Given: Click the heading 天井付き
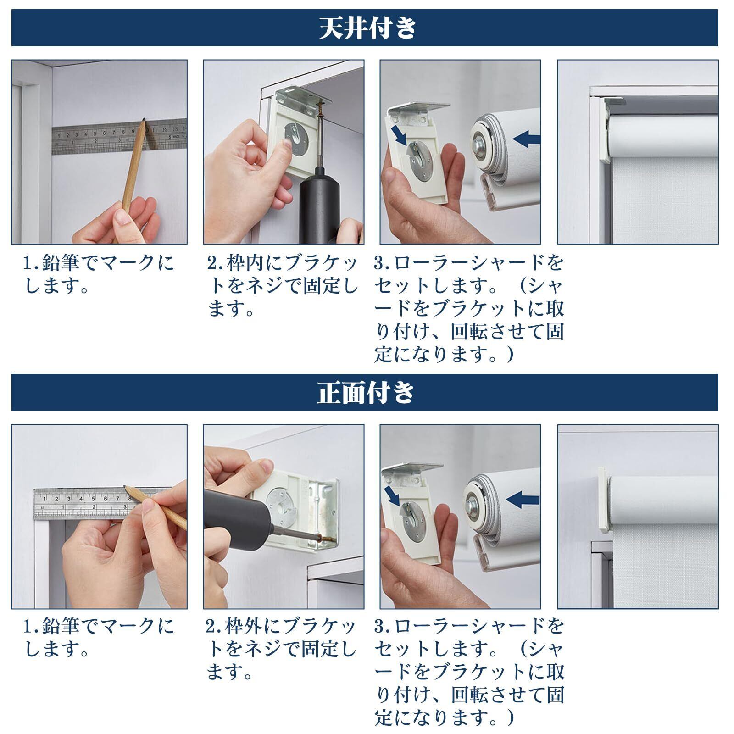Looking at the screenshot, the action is (x=367, y=28).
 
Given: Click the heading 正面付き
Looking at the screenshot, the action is (x=366, y=393).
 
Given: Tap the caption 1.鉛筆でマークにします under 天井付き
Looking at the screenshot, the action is (x=99, y=275).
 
